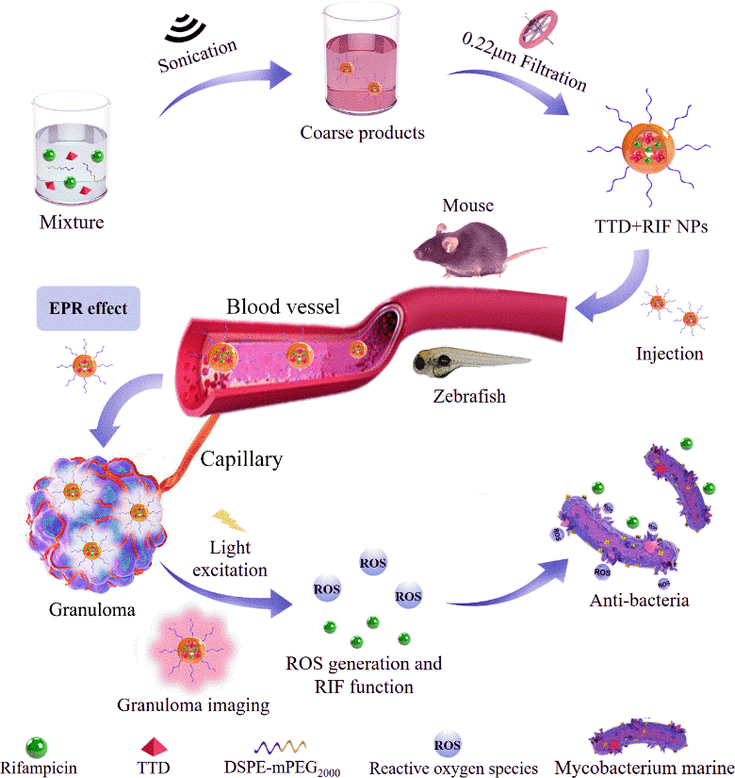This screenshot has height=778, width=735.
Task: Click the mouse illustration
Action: [468, 245]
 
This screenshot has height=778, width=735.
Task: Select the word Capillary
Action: [241, 459]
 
